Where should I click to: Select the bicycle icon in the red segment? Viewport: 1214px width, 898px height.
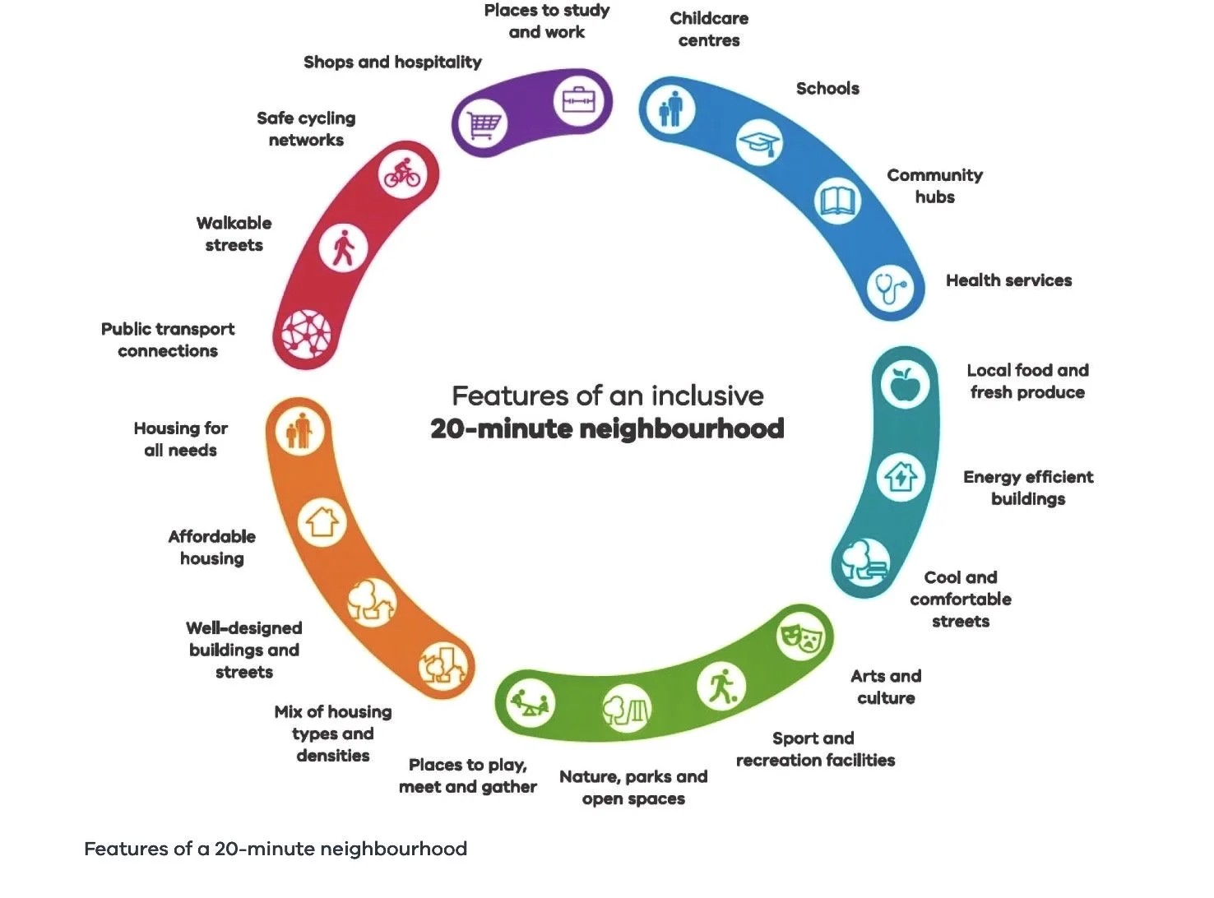402,174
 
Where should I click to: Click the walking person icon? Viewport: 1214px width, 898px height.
343,247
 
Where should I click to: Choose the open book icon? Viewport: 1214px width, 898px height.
837,201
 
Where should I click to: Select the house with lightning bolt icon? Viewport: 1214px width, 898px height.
901,477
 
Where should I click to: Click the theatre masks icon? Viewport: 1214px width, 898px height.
801,634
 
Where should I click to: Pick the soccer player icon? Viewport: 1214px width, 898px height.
721,687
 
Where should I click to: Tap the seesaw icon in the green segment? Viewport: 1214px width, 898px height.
530,703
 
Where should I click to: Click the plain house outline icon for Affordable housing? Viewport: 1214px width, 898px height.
322,522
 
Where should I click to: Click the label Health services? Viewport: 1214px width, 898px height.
1008,280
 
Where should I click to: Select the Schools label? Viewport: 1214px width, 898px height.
827,88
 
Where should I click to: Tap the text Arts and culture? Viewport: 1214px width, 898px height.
886,687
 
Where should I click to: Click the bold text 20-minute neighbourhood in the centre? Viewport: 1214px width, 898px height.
607,428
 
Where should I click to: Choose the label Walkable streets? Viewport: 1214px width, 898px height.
234,234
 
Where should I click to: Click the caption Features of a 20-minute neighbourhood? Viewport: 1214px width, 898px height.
276,849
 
